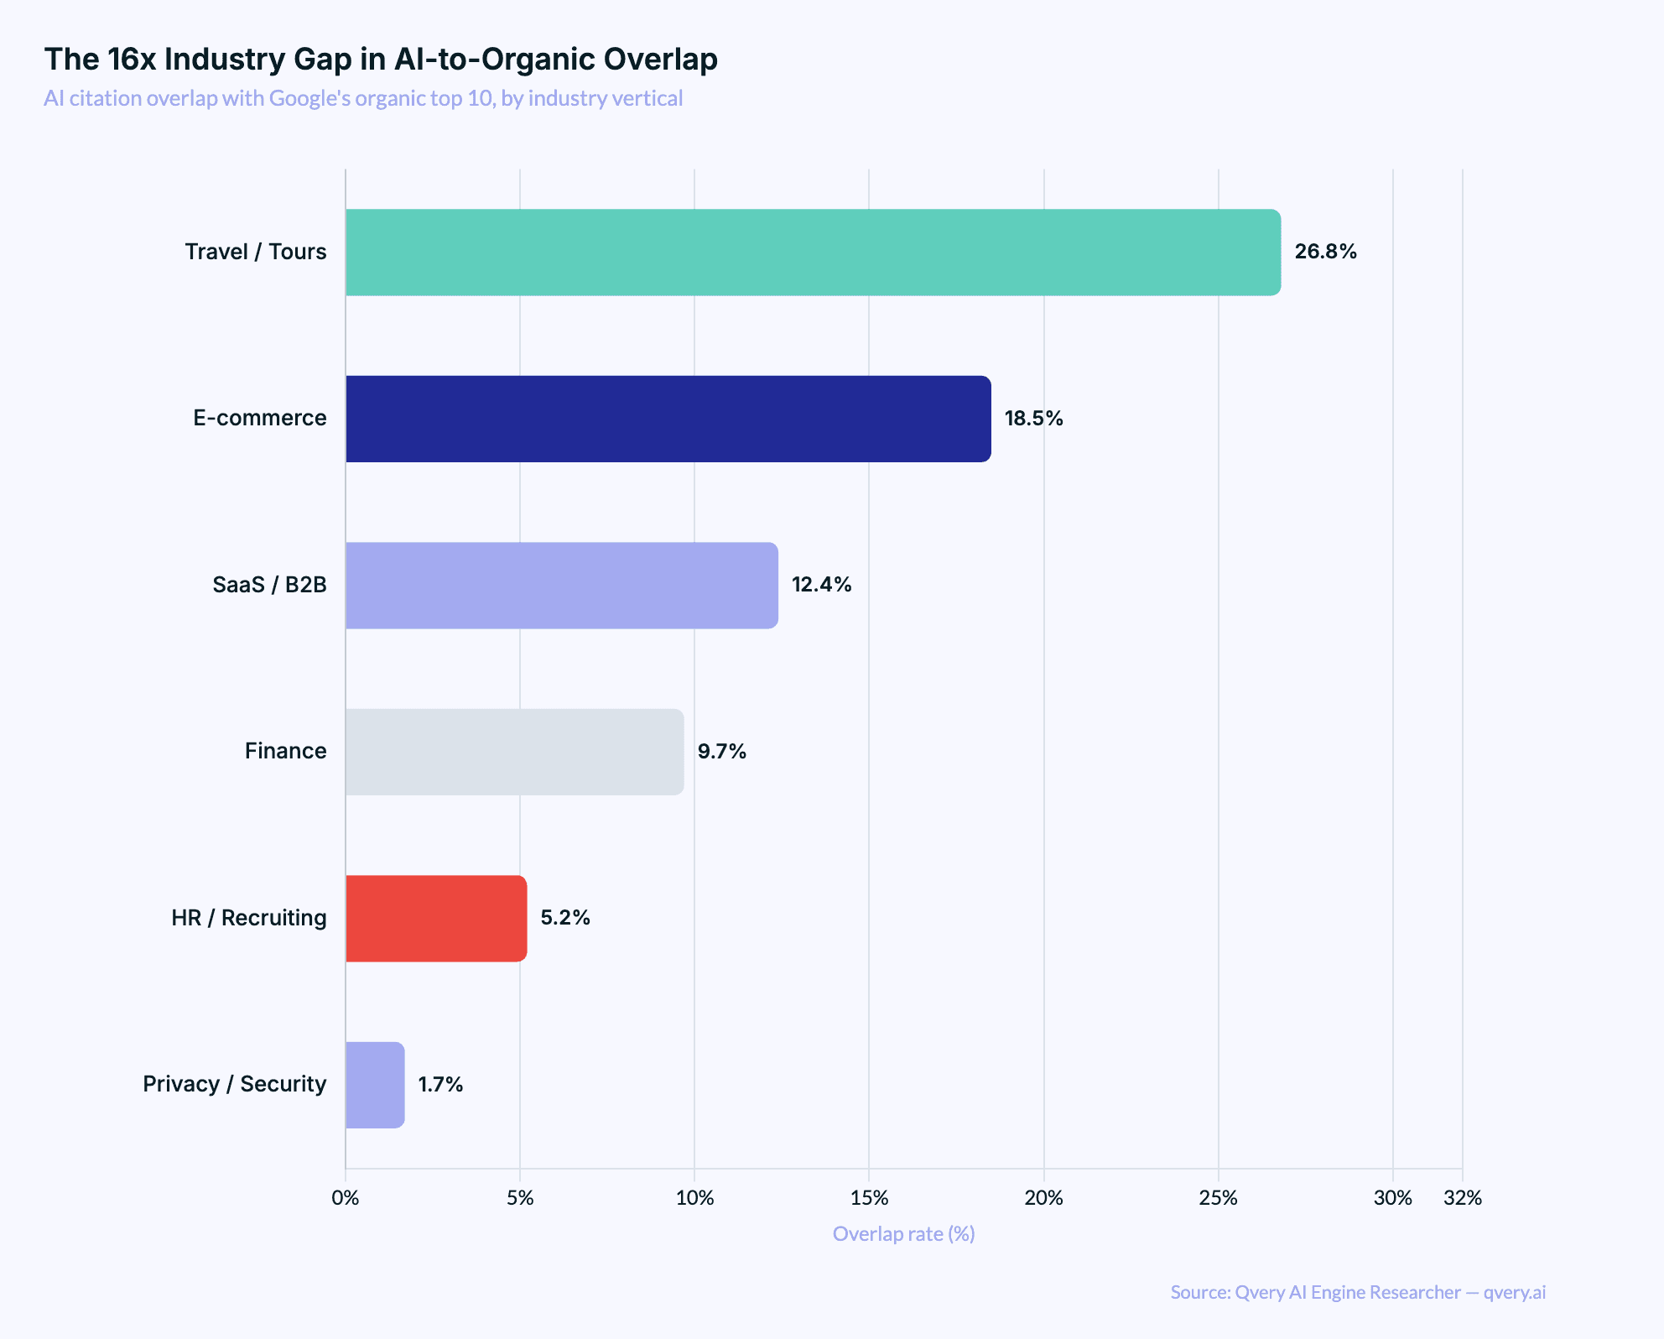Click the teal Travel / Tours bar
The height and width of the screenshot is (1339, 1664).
click(813, 253)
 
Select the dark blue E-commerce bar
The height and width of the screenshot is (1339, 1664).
click(668, 419)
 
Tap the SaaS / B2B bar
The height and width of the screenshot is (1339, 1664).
click(561, 585)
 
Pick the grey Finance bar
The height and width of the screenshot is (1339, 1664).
click(514, 752)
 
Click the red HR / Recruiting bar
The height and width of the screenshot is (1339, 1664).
click(436, 919)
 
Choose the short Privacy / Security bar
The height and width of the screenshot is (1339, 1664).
click(375, 1085)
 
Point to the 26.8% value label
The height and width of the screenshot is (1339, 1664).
click(1325, 252)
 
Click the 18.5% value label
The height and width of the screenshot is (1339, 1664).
click(1033, 419)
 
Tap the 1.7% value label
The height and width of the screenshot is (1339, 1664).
click(440, 1085)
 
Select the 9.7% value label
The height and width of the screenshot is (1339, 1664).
click(721, 752)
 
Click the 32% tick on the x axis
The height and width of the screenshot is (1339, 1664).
click(1462, 1198)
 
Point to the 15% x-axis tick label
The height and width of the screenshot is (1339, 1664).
click(869, 1198)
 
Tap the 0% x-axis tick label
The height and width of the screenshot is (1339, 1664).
click(346, 1198)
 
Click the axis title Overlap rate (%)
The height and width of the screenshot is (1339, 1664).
click(903, 1234)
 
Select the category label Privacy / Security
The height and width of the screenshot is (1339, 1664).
click(234, 1084)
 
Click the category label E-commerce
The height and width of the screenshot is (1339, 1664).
click(259, 418)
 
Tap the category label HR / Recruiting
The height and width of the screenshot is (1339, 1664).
click(248, 918)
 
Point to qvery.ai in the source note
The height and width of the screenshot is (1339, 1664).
click(1514, 1292)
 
